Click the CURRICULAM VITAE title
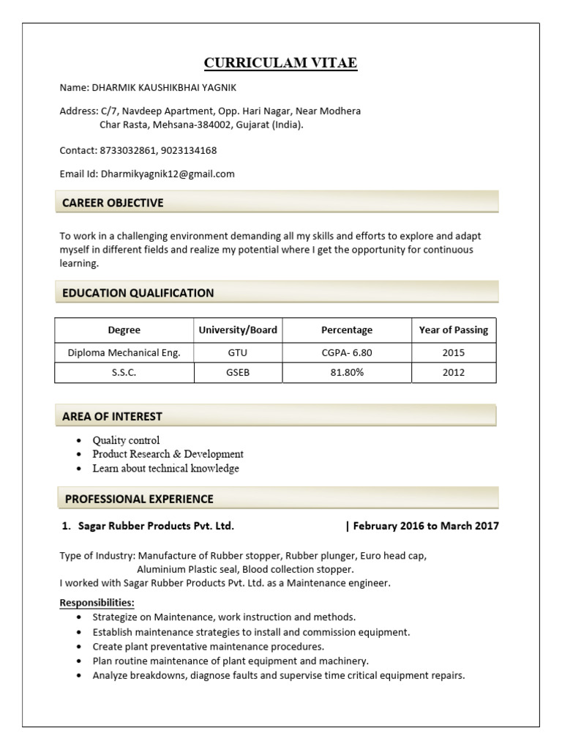(280, 63)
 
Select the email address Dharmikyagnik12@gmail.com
(168, 174)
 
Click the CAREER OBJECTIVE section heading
(113, 203)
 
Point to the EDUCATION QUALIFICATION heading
(138, 293)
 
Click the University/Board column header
(238, 330)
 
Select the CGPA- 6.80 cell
(347, 352)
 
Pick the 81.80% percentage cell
(347, 372)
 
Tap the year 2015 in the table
(453, 352)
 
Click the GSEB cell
(238, 372)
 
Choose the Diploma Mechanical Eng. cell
(124, 352)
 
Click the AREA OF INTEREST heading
(112, 416)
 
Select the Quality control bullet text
(126, 440)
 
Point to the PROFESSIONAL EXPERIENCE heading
(139, 499)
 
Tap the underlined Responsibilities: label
(97, 603)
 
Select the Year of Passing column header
(453, 330)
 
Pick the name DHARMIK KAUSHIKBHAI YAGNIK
(163, 87)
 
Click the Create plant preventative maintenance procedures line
(208, 647)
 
